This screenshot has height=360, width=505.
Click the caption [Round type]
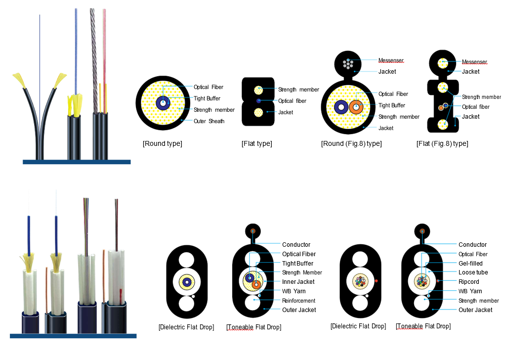(x=162, y=144)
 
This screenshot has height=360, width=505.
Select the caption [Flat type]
(x=256, y=144)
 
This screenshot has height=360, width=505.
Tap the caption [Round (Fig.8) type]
(x=351, y=144)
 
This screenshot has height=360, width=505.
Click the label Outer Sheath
(x=209, y=121)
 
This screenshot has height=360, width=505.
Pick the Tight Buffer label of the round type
(x=207, y=98)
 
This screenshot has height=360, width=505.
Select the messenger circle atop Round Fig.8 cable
(x=349, y=63)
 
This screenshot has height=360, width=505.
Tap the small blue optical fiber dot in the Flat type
(x=258, y=101)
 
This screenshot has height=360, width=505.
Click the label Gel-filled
(x=470, y=264)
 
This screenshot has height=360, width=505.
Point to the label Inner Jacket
(x=298, y=282)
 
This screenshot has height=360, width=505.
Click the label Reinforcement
(x=298, y=301)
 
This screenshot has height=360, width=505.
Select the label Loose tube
(x=473, y=272)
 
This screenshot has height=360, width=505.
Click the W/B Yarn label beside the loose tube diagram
(x=470, y=291)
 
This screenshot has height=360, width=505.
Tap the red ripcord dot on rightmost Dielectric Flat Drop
(x=377, y=281)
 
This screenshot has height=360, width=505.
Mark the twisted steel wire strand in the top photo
(x=93, y=59)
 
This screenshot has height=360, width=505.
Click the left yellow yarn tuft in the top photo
(x=19, y=79)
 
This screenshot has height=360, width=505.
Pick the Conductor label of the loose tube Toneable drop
(x=472, y=245)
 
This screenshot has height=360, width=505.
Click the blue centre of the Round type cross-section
(x=163, y=103)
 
